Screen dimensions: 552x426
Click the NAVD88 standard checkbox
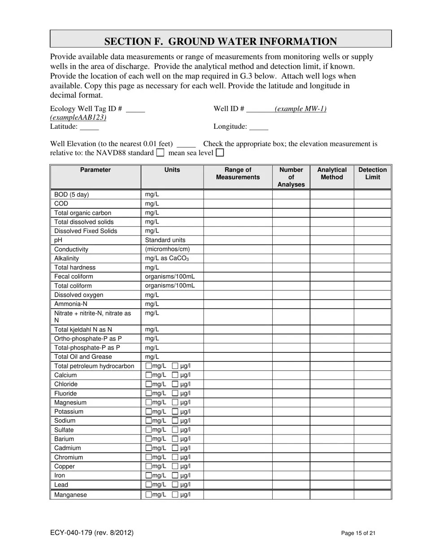click(x=160, y=153)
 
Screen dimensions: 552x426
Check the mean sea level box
click(x=219, y=153)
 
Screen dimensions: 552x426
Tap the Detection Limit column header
click(x=372, y=173)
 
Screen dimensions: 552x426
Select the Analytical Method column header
click(x=331, y=173)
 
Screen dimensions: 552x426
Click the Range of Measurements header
click(x=238, y=173)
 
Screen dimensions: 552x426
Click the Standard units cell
click(x=165, y=240)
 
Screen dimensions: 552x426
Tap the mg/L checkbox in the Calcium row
click(x=148, y=375)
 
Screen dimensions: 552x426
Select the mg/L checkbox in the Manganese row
click(x=148, y=495)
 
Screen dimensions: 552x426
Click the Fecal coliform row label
click(x=74, y=276)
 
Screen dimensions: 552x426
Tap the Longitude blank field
click(x=258, y=127)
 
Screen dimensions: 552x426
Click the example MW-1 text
click(x=300, y=109)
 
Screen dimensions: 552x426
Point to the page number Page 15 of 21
click(x=358, y=533)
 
